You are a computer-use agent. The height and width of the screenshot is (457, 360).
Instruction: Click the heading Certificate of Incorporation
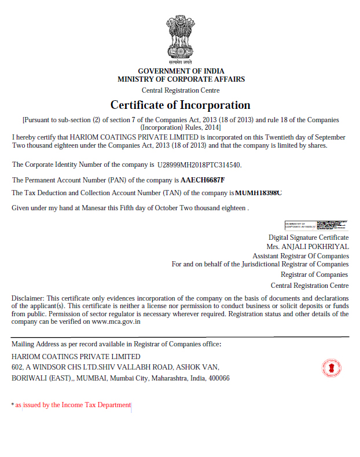tap(181, 105)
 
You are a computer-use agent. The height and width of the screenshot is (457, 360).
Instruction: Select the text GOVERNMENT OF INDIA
tap(181, 71)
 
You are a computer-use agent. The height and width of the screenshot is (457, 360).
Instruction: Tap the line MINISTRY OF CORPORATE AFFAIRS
tap(181, 79)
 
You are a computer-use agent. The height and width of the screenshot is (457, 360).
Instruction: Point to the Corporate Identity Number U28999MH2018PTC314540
tap(199, 165)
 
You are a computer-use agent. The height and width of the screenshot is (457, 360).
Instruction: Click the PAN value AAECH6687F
tap(203, 180)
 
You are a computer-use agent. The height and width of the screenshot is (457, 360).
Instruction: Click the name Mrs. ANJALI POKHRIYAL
tap(311, 246)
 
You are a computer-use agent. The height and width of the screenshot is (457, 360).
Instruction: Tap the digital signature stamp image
tap(317, 226)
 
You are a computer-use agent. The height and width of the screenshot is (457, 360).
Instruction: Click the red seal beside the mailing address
tap(332, 368)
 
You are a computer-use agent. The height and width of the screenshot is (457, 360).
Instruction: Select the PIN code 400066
tap(219, 378)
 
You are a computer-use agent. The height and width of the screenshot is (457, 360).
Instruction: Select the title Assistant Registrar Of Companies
tap(300, 255)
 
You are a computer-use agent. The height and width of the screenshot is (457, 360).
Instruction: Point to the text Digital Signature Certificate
tap(308, 237)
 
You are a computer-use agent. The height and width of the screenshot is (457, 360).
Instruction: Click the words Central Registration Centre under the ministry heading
tap(181, 90)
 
